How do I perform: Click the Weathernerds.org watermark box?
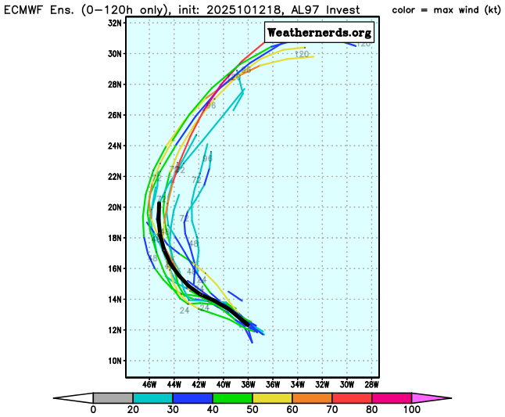[319, 33]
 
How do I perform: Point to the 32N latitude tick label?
[114, 23]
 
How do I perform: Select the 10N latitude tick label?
[114, 361]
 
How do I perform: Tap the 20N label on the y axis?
[114, 207]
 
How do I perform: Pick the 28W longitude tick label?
[372, 384]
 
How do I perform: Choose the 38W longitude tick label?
[249, 384]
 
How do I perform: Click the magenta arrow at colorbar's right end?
[429, 397]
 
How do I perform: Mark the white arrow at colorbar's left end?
[73, 397]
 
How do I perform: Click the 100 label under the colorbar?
[410, 410]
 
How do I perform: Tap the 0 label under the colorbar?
[93, 410]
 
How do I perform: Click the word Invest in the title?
[345, 10]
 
